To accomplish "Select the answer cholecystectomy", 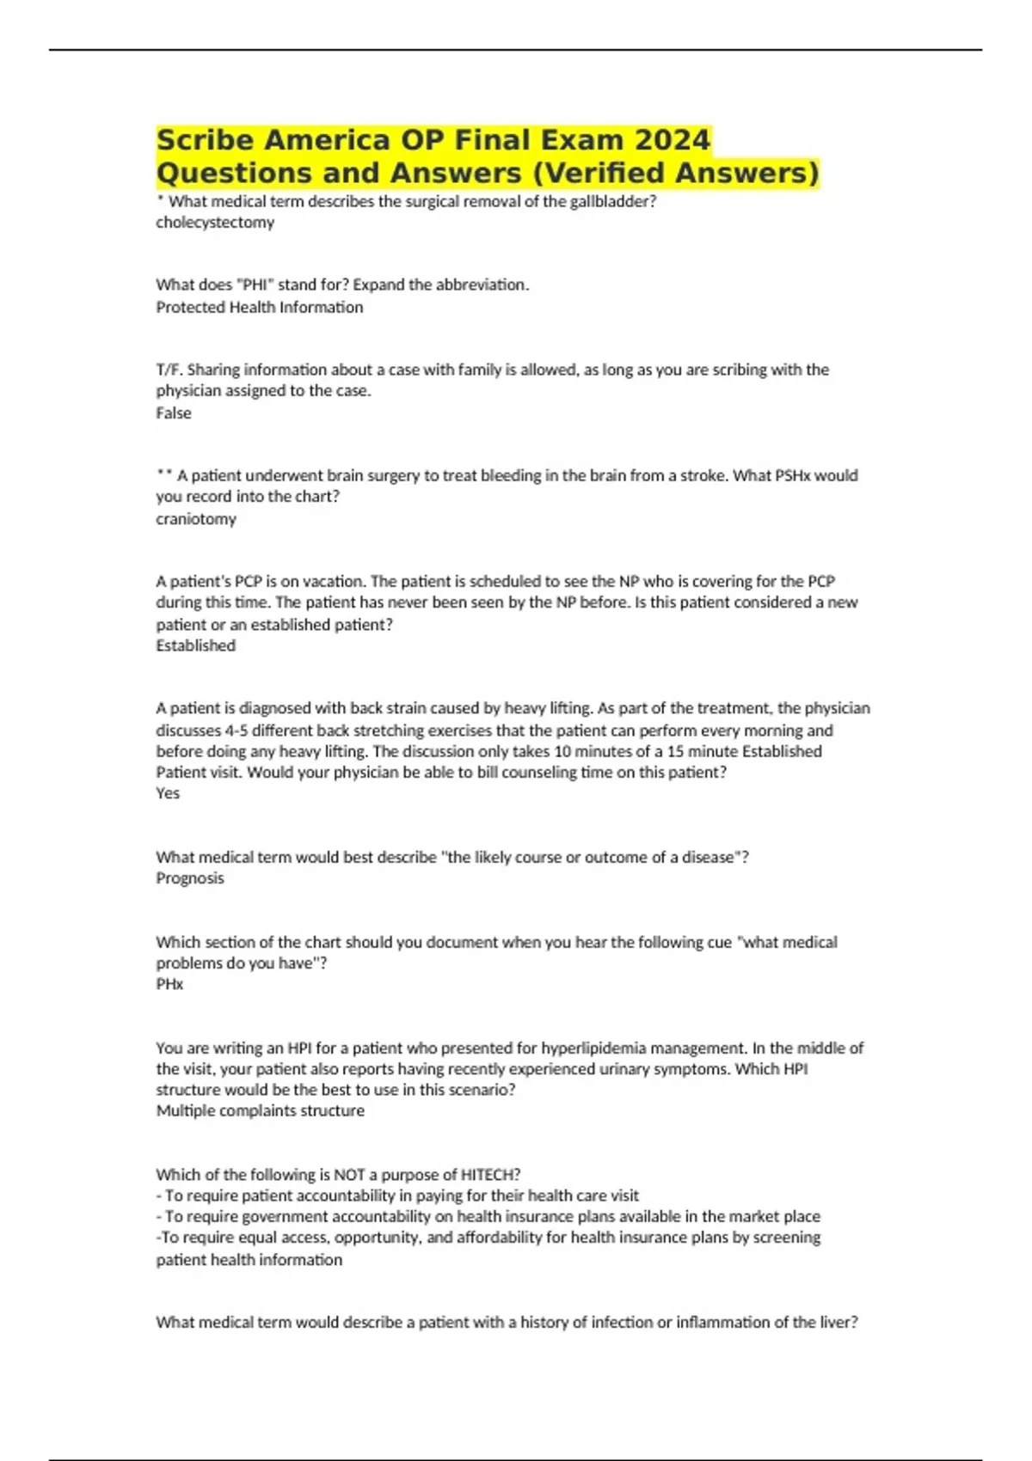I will tap(215, 223).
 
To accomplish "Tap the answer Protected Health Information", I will tap(259, 307).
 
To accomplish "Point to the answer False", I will tap(174, 413).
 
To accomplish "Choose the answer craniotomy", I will tap(196, 518).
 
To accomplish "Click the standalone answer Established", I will tap(195, 645).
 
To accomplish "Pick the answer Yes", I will tap(168, 793).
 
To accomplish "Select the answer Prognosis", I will tap(190, 877).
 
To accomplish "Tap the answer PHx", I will tap(169, 984).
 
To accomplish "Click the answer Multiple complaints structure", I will tap(260, 1110).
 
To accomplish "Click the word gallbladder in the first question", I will tap(612, 202).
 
